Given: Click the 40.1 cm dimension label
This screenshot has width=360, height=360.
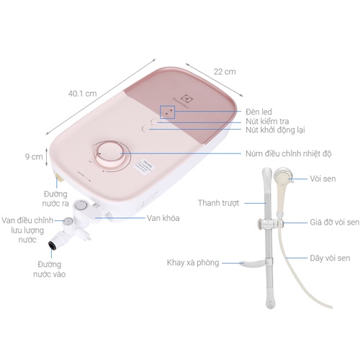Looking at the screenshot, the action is [x=82, y=93].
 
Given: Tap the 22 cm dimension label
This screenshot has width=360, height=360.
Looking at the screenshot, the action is [x=225, y=71].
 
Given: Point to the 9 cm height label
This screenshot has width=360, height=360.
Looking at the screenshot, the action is [x=34, y=156].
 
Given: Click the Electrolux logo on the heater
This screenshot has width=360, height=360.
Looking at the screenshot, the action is [x=183, y=102].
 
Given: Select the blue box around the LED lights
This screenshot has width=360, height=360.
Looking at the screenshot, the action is [x=168, y=112].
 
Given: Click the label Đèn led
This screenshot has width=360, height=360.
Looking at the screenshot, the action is [x=258, y=112].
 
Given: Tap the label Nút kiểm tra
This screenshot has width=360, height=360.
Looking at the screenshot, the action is [x=267, y=121].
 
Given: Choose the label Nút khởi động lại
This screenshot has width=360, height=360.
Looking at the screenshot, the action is [x=275, y=130].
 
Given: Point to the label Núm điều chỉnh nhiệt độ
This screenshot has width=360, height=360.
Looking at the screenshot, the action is [x=289, y=153].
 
